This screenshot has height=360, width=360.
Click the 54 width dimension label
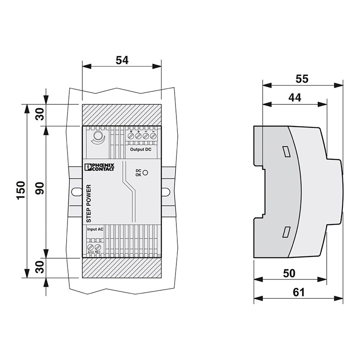(121, 60)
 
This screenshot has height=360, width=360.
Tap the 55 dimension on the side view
(302, 79)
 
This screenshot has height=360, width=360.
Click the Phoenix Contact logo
(99, 167)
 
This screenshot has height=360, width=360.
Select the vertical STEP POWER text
(89, 204)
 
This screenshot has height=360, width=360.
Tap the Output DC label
(140, 149)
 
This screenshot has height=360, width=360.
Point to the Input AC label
(95, 229)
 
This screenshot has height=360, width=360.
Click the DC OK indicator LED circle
(146, 172)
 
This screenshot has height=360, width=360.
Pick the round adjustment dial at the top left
(96, 136)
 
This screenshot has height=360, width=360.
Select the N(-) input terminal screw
(97, 247)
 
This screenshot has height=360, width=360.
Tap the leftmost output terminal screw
(131, 135)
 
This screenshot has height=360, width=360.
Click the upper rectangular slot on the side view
(286, 151)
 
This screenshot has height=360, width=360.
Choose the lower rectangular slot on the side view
(286, 232)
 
